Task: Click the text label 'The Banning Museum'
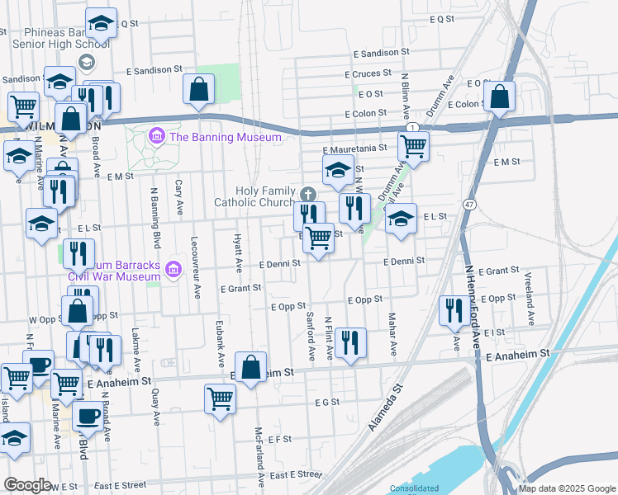226,136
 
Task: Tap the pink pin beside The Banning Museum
155,135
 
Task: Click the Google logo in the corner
27,485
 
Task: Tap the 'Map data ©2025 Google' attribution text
566,488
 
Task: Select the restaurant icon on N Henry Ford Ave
453,310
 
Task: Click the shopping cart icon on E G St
220,398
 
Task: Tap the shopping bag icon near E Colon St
500,96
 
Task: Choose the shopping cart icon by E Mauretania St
413,147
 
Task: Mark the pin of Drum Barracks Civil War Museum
173,270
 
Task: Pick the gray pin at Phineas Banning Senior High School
86,62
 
